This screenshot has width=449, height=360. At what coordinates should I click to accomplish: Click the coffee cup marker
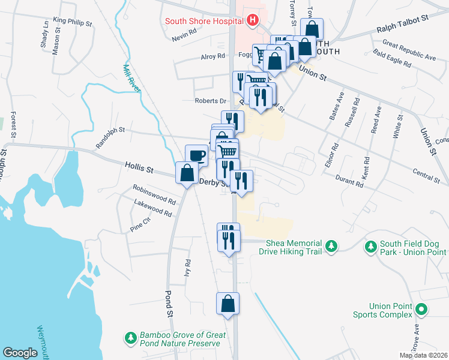(x=196, y=156)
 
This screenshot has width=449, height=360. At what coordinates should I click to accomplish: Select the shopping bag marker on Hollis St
(x=186, y=173)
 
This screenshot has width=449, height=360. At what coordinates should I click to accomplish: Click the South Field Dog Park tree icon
(x=371, y=247)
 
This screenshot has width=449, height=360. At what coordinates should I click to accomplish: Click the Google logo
(x=20, y=353)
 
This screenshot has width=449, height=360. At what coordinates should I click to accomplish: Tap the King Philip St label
(x=72, y=22)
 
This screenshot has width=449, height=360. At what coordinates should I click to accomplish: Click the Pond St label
(x=169, y=304)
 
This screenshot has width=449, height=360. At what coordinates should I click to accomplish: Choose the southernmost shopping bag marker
(x=228, y=304)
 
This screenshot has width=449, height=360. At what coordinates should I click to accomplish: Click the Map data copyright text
(x=423, y=355)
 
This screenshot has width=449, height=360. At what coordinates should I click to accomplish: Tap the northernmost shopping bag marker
(x=312, y=29)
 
